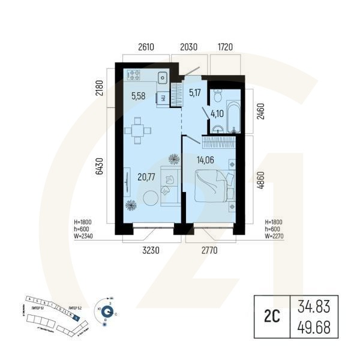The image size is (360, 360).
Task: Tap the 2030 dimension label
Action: coord(190,47)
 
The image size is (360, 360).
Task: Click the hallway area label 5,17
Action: coord(195,92)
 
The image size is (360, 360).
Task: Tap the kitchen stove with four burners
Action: coord(134,76)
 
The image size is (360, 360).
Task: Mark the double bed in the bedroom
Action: coord(213,184)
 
